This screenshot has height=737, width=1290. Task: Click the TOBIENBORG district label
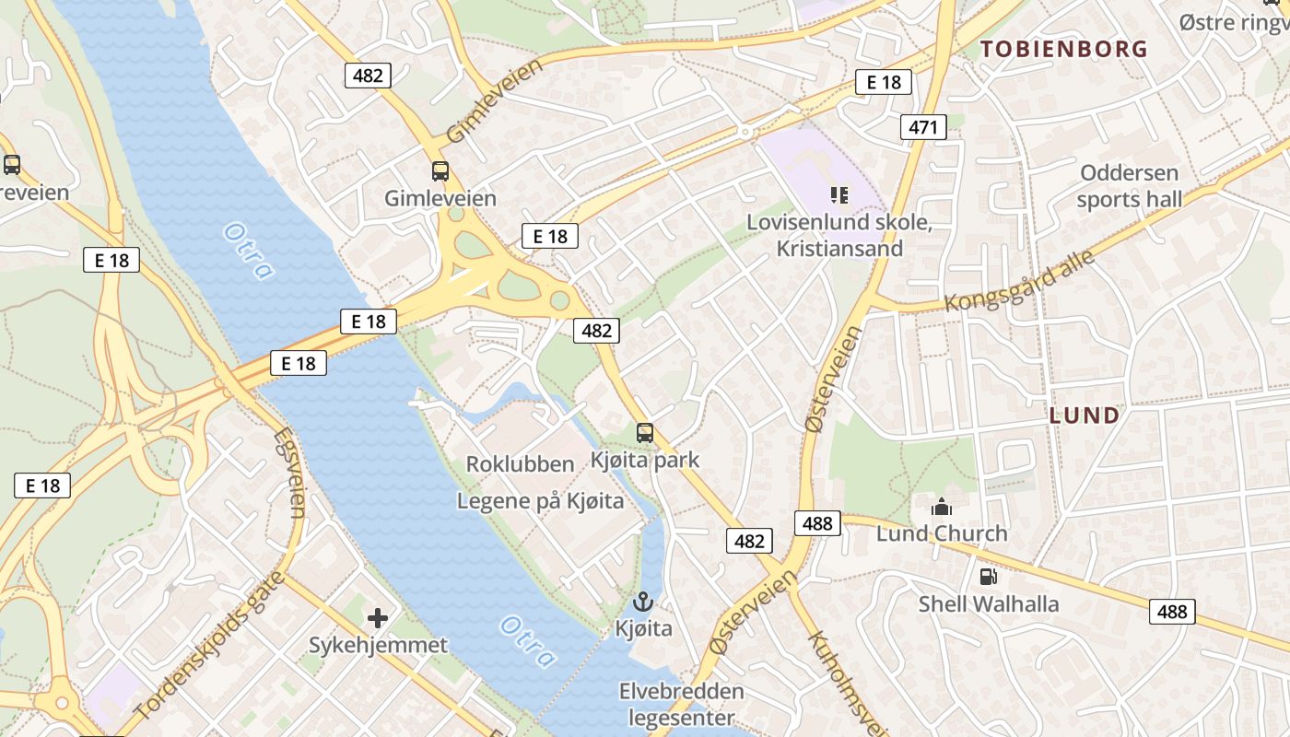click(1064, 49)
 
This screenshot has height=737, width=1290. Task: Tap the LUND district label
click(1085, 415)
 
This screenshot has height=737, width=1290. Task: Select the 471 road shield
click(924, 128)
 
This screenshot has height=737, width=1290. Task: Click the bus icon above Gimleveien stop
click(440, 170)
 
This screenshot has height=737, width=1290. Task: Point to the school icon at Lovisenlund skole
click(838, 194)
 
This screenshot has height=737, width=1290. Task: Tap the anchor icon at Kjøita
click(643, 602)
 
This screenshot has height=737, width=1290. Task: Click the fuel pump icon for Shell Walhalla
click(988, 577)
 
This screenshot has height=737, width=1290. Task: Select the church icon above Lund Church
click(942, 507)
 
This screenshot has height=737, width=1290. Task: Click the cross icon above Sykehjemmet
click(378, 618)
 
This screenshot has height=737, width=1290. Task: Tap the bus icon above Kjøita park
click(645, 432)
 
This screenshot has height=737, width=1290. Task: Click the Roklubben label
click(520, 464)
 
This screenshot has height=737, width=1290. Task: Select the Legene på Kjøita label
click(540, 501)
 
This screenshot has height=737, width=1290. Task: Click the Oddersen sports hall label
click(1129, 185)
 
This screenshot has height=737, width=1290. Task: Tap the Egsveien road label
click(288, 471)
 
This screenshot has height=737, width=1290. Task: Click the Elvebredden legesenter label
click(681, 704)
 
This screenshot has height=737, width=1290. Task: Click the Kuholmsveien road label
click(847, 683)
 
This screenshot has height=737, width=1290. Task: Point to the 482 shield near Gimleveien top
click(368, 76)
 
